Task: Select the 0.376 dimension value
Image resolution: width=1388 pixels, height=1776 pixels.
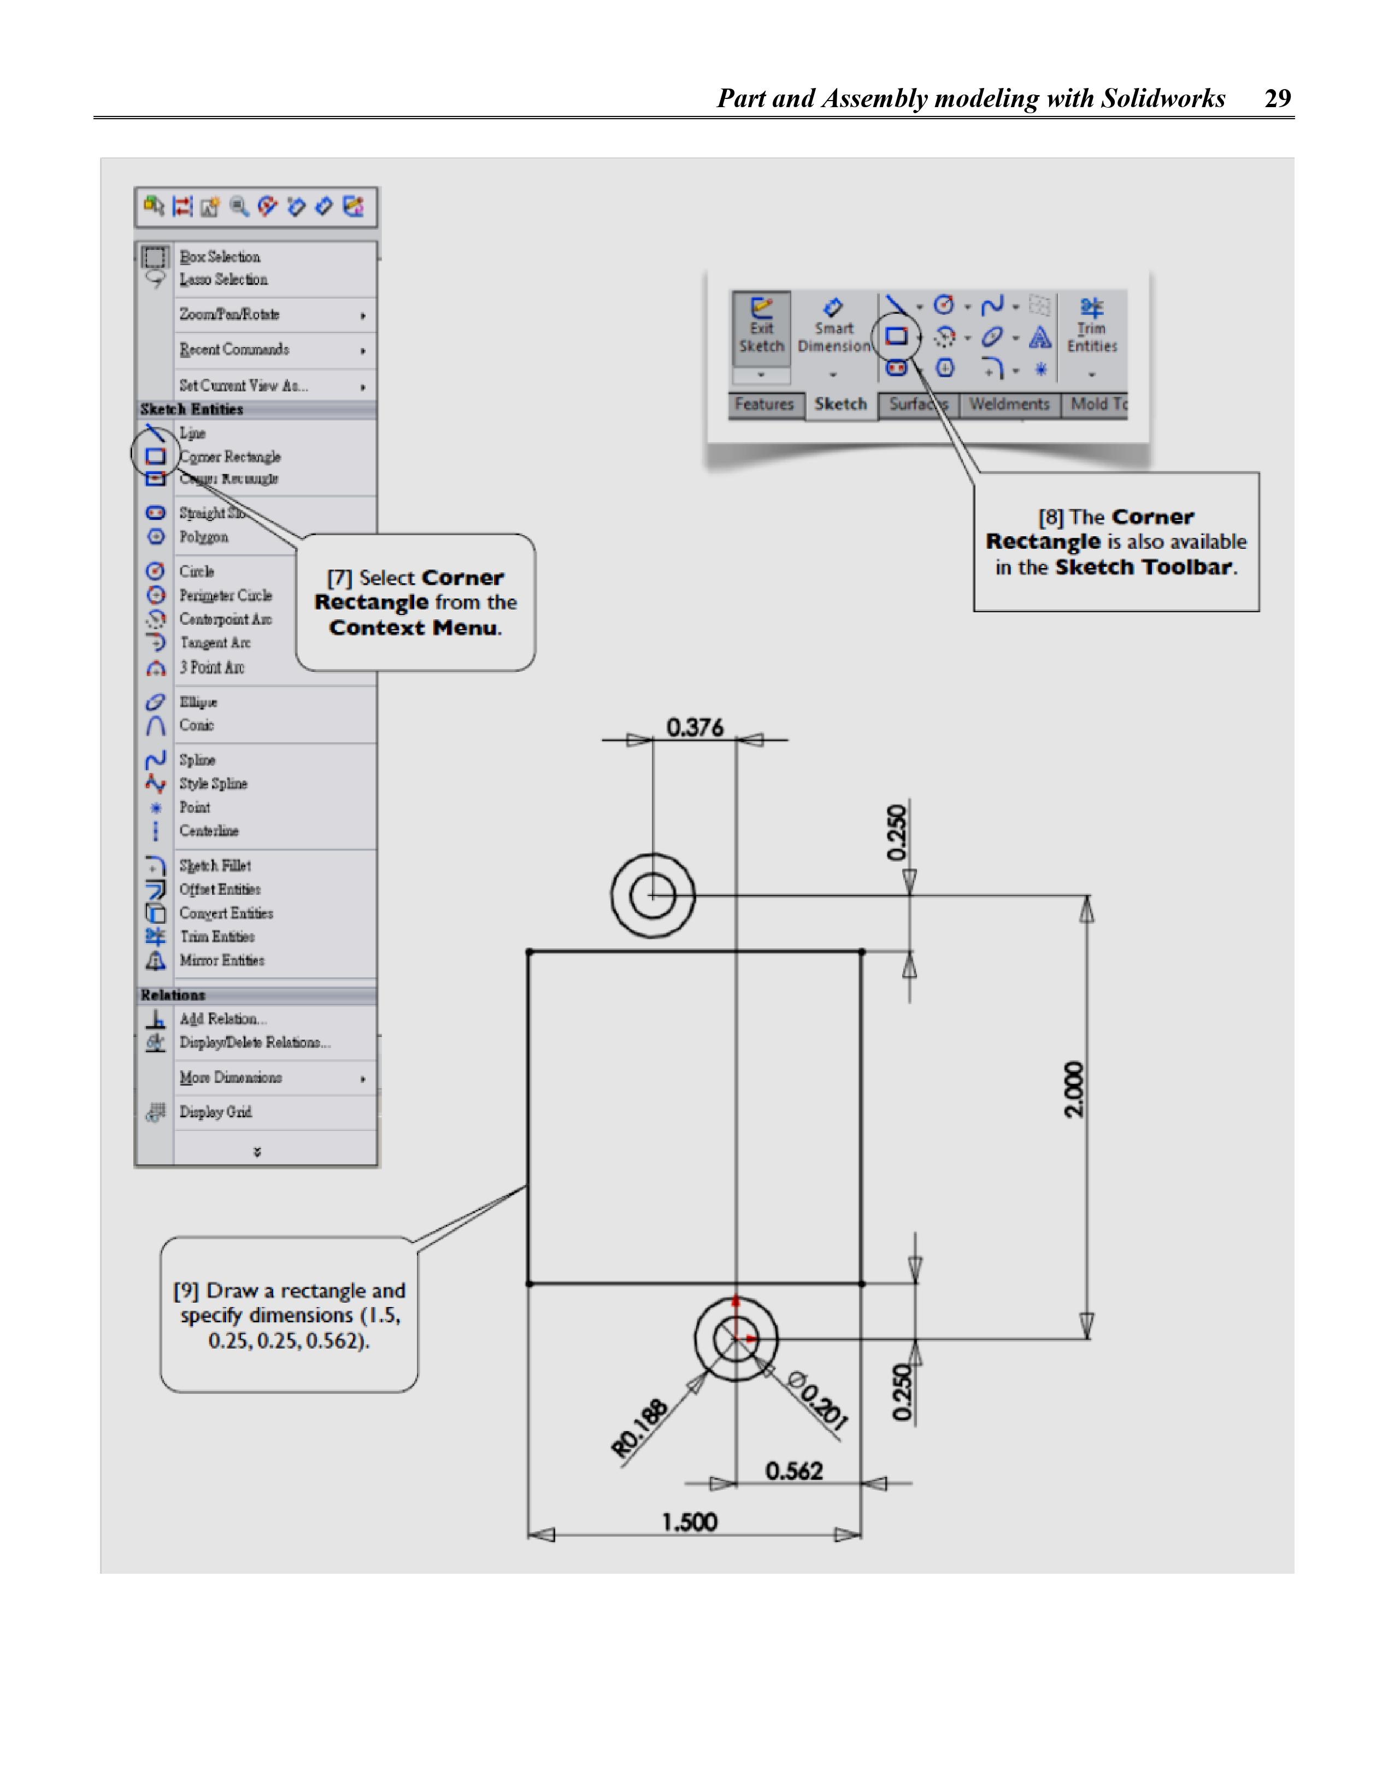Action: (695, 727)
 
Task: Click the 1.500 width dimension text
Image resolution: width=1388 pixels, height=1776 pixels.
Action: (690, 1522)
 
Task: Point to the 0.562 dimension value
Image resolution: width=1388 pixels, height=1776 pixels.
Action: (793, 1471)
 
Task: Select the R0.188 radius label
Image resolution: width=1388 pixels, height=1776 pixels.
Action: (640, 1427)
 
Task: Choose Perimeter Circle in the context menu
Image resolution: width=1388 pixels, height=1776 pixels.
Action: (225, 595)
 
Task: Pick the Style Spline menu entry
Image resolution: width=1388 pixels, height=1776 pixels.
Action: (213, 784)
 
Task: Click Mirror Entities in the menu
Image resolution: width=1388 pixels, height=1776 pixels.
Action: (221, 960)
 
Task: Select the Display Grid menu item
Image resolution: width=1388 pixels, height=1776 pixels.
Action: (215, 1112)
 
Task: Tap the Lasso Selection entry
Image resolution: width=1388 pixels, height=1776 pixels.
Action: (223, 280)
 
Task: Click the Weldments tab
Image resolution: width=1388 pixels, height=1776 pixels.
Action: (1009, 404)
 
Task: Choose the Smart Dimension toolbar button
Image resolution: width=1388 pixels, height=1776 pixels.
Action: (833, 328)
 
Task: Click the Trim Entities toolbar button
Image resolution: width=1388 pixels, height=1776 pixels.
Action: (1091, 328)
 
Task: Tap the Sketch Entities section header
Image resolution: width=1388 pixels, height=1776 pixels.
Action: (192, 409)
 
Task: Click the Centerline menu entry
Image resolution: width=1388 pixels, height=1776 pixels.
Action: (209, 831)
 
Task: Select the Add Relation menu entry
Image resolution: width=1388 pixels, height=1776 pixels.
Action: (222, 1019)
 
